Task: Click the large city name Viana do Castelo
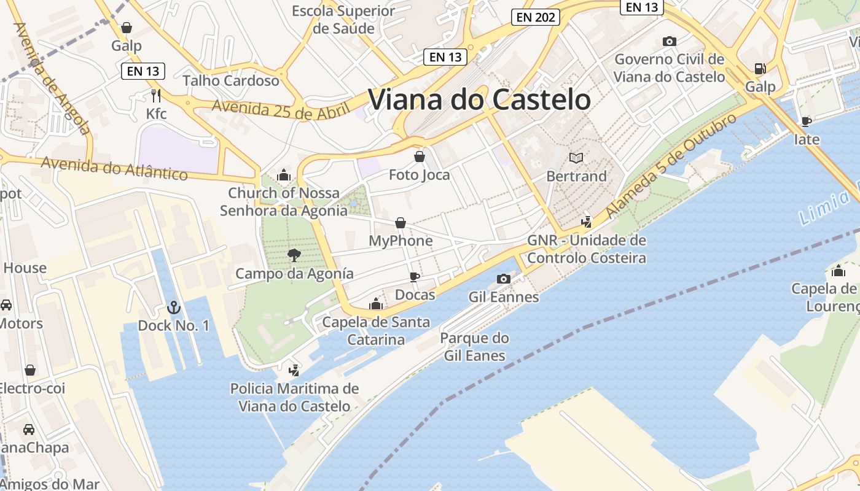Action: pyautogui.click(x=479, y=99)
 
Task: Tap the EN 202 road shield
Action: pyautogui.click(x=536, y=17)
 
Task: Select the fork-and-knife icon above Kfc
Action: pyautogui.click(x=156, y=95)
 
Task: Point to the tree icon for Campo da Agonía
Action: pyautogui.click(x=294, y=255)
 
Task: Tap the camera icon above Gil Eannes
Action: pyautogui.click(x=503, y=279)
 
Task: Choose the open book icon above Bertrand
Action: pyautogui.click(x=576, y=158)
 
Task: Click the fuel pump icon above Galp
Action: pyautogui.click(x=760, y=69)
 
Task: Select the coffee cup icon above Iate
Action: pyautogui.click(x=807, y=122)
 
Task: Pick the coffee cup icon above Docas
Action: pyautogui.click(x=415, y=277)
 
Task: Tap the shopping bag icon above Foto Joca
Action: pyautogui.click(x=420, y=157)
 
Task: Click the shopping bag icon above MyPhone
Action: pyautogui.click(x=401, y=223)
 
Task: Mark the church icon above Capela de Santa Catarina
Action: pyautogui.click(x=376, y=304)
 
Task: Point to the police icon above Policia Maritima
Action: pyautogui.click(x=294, y=370)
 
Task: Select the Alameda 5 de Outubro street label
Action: pyautogui.click(x=671, y=166)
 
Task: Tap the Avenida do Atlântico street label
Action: pyautogui.click(x=114, y=168)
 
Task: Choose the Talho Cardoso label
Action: pyautogui.click(x=231, y=80)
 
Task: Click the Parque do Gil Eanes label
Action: pyautogui.click(x=474, y=347)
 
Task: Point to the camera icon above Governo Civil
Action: pyautogui.click(x=670, y=42)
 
